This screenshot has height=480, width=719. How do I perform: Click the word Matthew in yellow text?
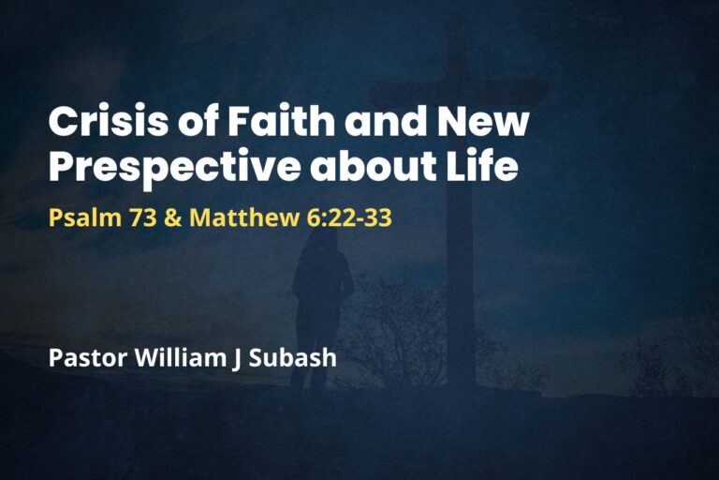[235, 218]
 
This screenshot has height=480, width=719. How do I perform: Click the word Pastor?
[84, 358]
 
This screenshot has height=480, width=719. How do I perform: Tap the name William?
[177, 358]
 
